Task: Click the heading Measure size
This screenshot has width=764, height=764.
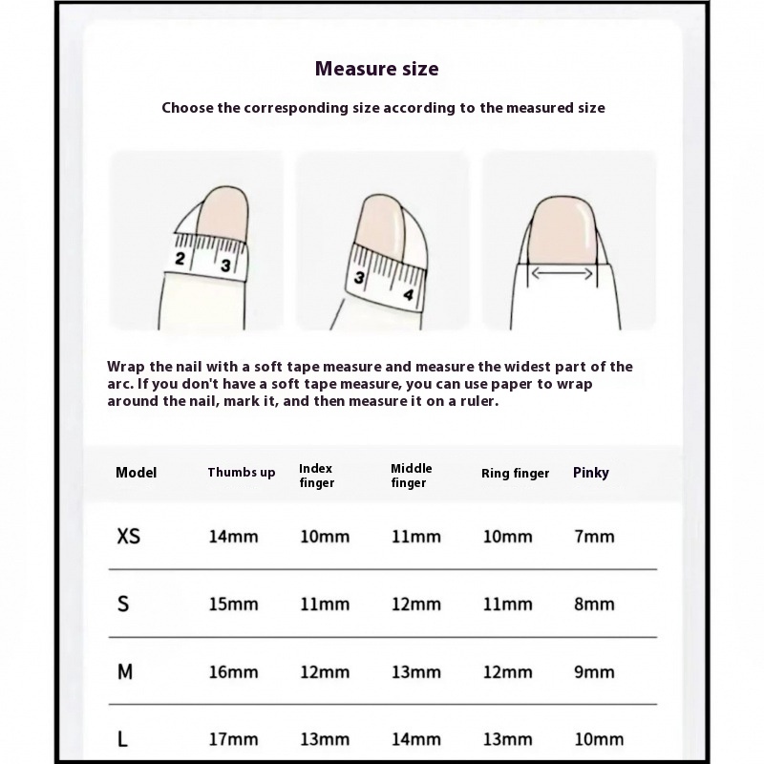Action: click(377, 69)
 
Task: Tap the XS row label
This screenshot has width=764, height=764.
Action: click(128, 537)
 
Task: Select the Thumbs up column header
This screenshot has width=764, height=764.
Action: click(241, 473)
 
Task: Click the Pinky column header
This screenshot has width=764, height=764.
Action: click(590, 473)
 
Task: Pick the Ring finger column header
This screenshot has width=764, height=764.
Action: click(515, 474)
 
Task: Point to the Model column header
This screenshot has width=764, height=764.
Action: click(136, 473)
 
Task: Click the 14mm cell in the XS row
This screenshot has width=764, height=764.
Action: click(233, 537)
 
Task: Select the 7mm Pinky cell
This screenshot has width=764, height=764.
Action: click(594, 537)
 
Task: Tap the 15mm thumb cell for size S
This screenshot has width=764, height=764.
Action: click(233, 605)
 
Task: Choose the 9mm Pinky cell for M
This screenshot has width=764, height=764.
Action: click(594, 672)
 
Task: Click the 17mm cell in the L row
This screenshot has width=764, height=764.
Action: click(233, 739)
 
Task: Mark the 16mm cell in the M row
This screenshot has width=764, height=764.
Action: click(233, 672)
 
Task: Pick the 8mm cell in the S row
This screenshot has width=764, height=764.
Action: click(594, 605)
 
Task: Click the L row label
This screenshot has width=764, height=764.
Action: click(122, 739)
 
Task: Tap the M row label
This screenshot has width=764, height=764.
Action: click(125, 672)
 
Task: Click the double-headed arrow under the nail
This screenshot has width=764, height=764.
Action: click(562, 274)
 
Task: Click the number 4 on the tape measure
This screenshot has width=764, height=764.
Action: click(409, 295)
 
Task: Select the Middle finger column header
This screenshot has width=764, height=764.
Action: click(411, 476)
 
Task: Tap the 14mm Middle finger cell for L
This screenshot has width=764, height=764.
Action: click(415, 739)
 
